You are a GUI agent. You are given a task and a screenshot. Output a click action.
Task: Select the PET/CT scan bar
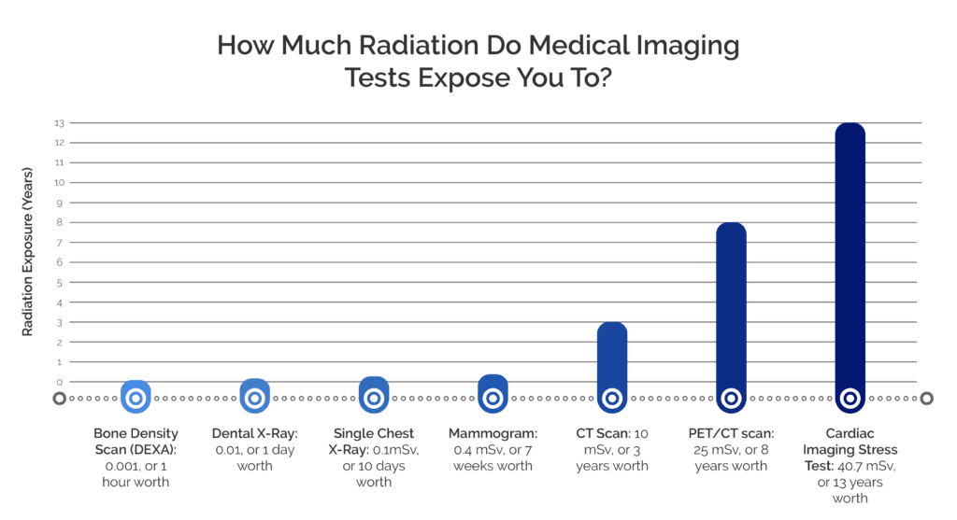pyautogui.click(x=731, y=317)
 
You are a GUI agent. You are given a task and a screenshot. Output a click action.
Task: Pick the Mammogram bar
pyautogui.click(x=492, y=393)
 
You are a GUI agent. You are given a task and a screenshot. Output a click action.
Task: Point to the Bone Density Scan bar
pyautogui.click(x=135, y=397)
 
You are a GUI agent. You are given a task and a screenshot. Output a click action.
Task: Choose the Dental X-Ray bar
pyautogui.click(x=253, y=396)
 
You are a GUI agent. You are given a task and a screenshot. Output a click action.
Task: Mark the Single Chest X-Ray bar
pyautogui.click(x=373, y=394)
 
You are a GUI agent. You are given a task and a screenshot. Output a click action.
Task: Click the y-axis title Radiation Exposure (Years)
pyautogui.click(x=28, y=250)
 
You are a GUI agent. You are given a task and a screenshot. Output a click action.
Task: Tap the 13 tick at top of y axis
pyautogui.click(x=58, y=123)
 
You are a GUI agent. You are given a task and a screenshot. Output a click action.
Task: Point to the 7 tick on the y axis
pyautogui.click(x=58, y=243)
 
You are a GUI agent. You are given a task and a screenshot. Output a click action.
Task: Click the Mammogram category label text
pyautogui.click(x=492, y=449)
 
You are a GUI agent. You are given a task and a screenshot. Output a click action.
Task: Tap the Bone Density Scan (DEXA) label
pyautogui.click(x=136, y=457)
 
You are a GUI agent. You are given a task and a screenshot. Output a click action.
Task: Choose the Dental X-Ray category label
pyautogui.click(x=254, y=449)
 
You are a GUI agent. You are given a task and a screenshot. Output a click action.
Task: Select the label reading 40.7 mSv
pyautogui.click(x=850, y=465)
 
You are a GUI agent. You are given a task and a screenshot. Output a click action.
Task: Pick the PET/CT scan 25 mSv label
pyautogui.click(x=731, y=449)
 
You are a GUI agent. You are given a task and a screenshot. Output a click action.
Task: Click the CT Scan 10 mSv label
pyautogui.click(x=611, y=449)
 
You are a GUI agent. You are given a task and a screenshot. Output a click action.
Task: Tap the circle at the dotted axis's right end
pyautogui.click(x=926, y=399)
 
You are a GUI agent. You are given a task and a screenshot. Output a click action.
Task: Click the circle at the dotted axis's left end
pyautogui.click(x=59, y=399)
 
